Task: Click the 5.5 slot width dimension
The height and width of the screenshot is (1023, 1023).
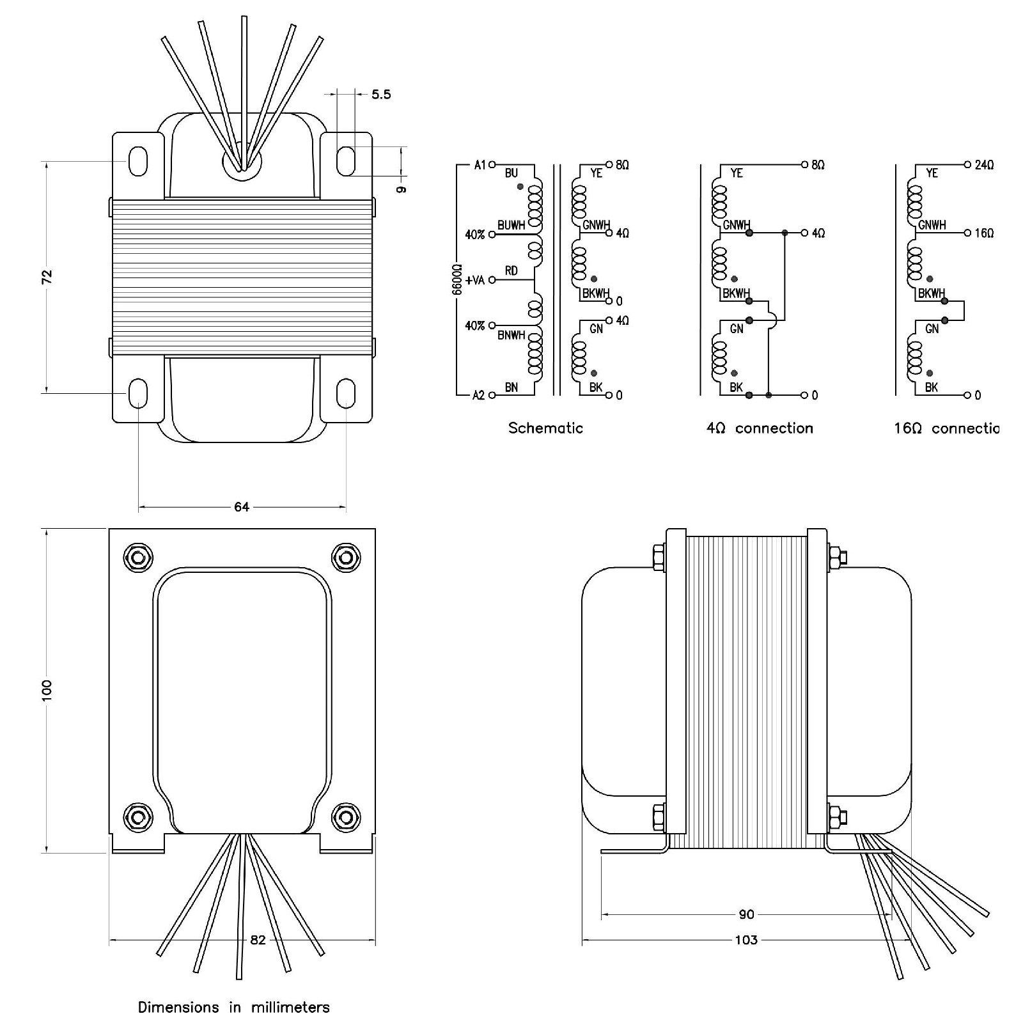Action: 381,95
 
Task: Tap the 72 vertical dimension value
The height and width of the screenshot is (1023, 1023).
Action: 47,277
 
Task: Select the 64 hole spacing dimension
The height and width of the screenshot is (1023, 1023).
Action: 242,507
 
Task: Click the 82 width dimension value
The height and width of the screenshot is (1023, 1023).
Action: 258,940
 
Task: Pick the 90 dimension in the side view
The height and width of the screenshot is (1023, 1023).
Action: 746,914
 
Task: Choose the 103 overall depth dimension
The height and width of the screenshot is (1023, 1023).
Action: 746,940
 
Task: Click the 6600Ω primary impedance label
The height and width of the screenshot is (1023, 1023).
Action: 457,279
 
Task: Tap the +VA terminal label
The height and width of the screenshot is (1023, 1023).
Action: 475,280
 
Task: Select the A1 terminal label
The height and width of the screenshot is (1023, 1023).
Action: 480,165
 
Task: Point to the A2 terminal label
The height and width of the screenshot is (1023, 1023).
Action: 478,395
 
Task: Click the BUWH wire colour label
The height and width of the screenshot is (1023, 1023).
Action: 511,226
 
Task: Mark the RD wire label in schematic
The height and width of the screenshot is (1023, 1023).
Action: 511,271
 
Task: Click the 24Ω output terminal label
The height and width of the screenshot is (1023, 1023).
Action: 984,165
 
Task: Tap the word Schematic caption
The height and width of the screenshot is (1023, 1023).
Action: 545,428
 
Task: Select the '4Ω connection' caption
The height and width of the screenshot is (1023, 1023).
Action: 760,428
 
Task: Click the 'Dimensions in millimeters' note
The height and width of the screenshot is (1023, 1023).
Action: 234,1008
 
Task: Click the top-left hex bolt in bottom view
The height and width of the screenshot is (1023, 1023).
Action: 137,558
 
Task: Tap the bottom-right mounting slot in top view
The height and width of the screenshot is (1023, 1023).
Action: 346,392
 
